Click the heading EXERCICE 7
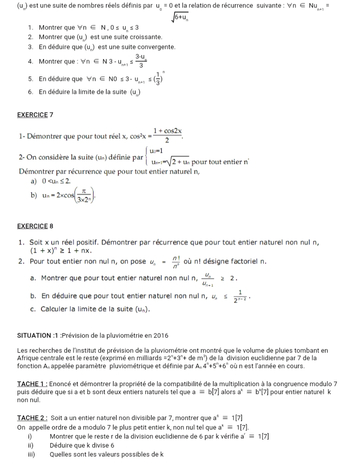(x=35, y=115)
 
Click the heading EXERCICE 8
(x=35, y=226)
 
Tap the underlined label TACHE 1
(x=31, y=383)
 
